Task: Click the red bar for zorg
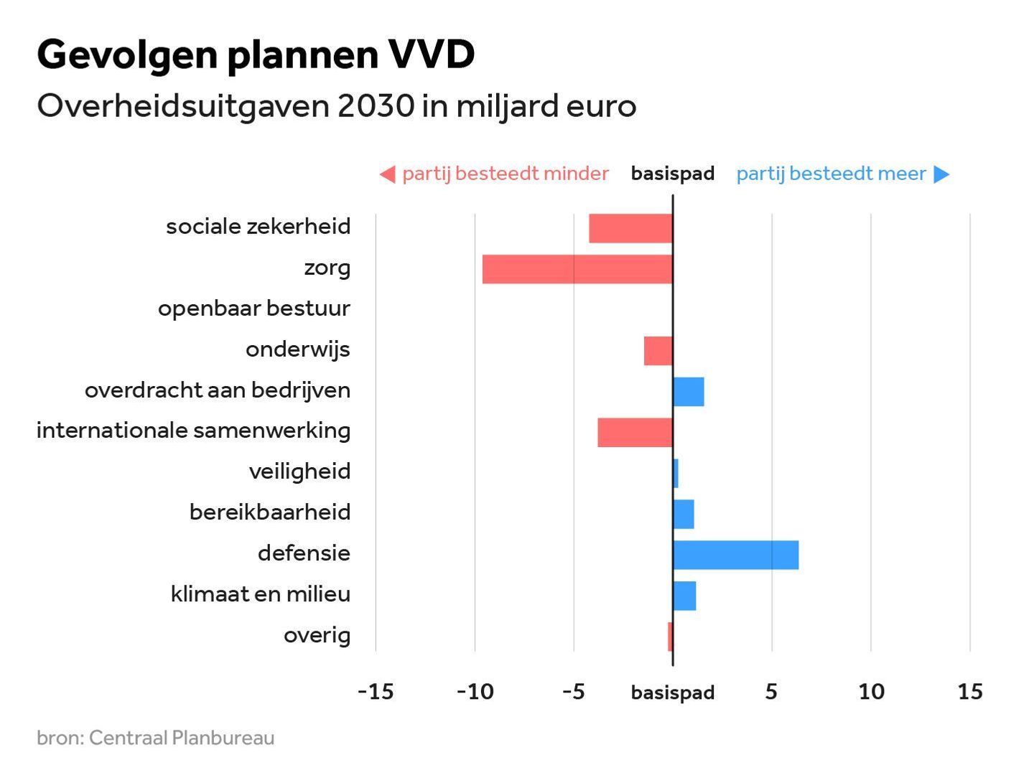(577, 269)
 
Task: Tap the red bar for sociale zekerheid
(630, 228)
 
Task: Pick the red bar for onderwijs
(658, 351)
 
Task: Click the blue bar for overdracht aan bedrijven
(689, 392)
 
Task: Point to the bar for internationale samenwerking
(635, 433)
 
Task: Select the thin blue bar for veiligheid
(676, 474)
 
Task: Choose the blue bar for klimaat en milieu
(685, 596)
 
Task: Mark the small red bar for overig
(670, 637)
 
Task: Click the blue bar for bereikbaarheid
(684, 515)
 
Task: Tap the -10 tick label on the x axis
(475, 692)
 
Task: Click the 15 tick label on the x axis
(970, 692)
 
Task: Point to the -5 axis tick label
(573, 692)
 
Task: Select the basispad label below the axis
(673, 692)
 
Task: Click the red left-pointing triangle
(388, 174)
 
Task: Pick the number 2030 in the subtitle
(376, 106)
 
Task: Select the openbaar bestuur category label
(254, 309)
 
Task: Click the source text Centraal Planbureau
(182, 738)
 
